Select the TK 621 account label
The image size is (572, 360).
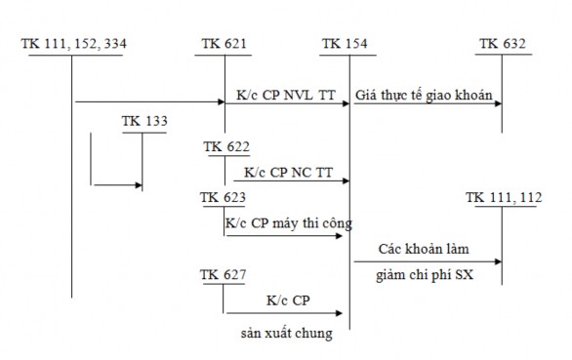point(225,44)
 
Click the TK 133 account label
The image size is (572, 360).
point(143,121)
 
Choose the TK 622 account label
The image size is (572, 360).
point(225,147)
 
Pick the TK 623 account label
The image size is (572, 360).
point(223,197)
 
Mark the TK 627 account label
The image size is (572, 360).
point(223,273)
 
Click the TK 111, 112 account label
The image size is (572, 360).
point(503,198)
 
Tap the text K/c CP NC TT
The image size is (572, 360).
point(287,171)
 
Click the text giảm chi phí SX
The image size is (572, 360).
point(426,275)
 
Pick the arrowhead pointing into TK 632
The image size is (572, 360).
point(498,101)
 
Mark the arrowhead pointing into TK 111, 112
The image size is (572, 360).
point(498,261)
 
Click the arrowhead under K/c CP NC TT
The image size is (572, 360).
point(343,180)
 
